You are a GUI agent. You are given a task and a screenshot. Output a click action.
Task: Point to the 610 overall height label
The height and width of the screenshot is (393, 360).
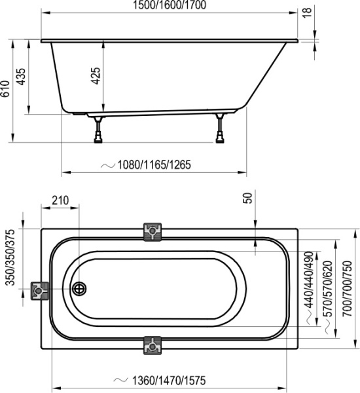[x=6, y=90]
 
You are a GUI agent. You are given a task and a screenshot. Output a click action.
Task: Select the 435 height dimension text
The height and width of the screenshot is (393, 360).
[x=22, y=77]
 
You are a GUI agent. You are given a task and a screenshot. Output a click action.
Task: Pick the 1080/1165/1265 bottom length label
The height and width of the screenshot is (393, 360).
[x=154, y=165]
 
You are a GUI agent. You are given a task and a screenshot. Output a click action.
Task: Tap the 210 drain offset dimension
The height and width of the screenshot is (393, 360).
[x=61, y=200]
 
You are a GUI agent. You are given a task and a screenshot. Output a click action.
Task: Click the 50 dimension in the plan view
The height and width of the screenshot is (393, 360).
[x=247, y=199]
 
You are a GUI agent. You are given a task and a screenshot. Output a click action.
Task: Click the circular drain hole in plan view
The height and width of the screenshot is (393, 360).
[x=79, y=288]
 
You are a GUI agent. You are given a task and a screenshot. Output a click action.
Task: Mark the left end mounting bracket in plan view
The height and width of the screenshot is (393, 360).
[x=40, y=290]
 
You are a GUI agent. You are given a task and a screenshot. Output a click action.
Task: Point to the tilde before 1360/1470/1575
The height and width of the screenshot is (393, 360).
[x=118, y=381]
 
